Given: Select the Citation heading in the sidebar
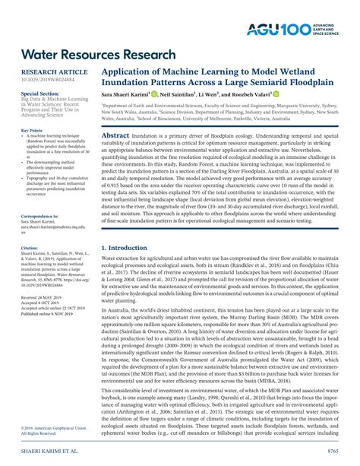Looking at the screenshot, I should pyautogui.click(x=30, y=248).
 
